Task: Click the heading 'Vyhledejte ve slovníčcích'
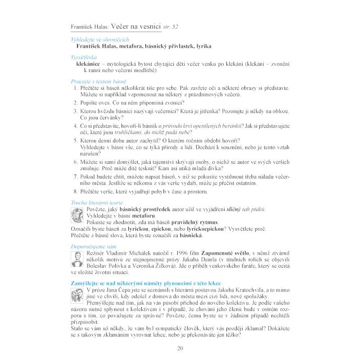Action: (94, 40)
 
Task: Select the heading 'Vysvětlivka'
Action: (84, 58)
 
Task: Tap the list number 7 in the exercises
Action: (76, 177)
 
